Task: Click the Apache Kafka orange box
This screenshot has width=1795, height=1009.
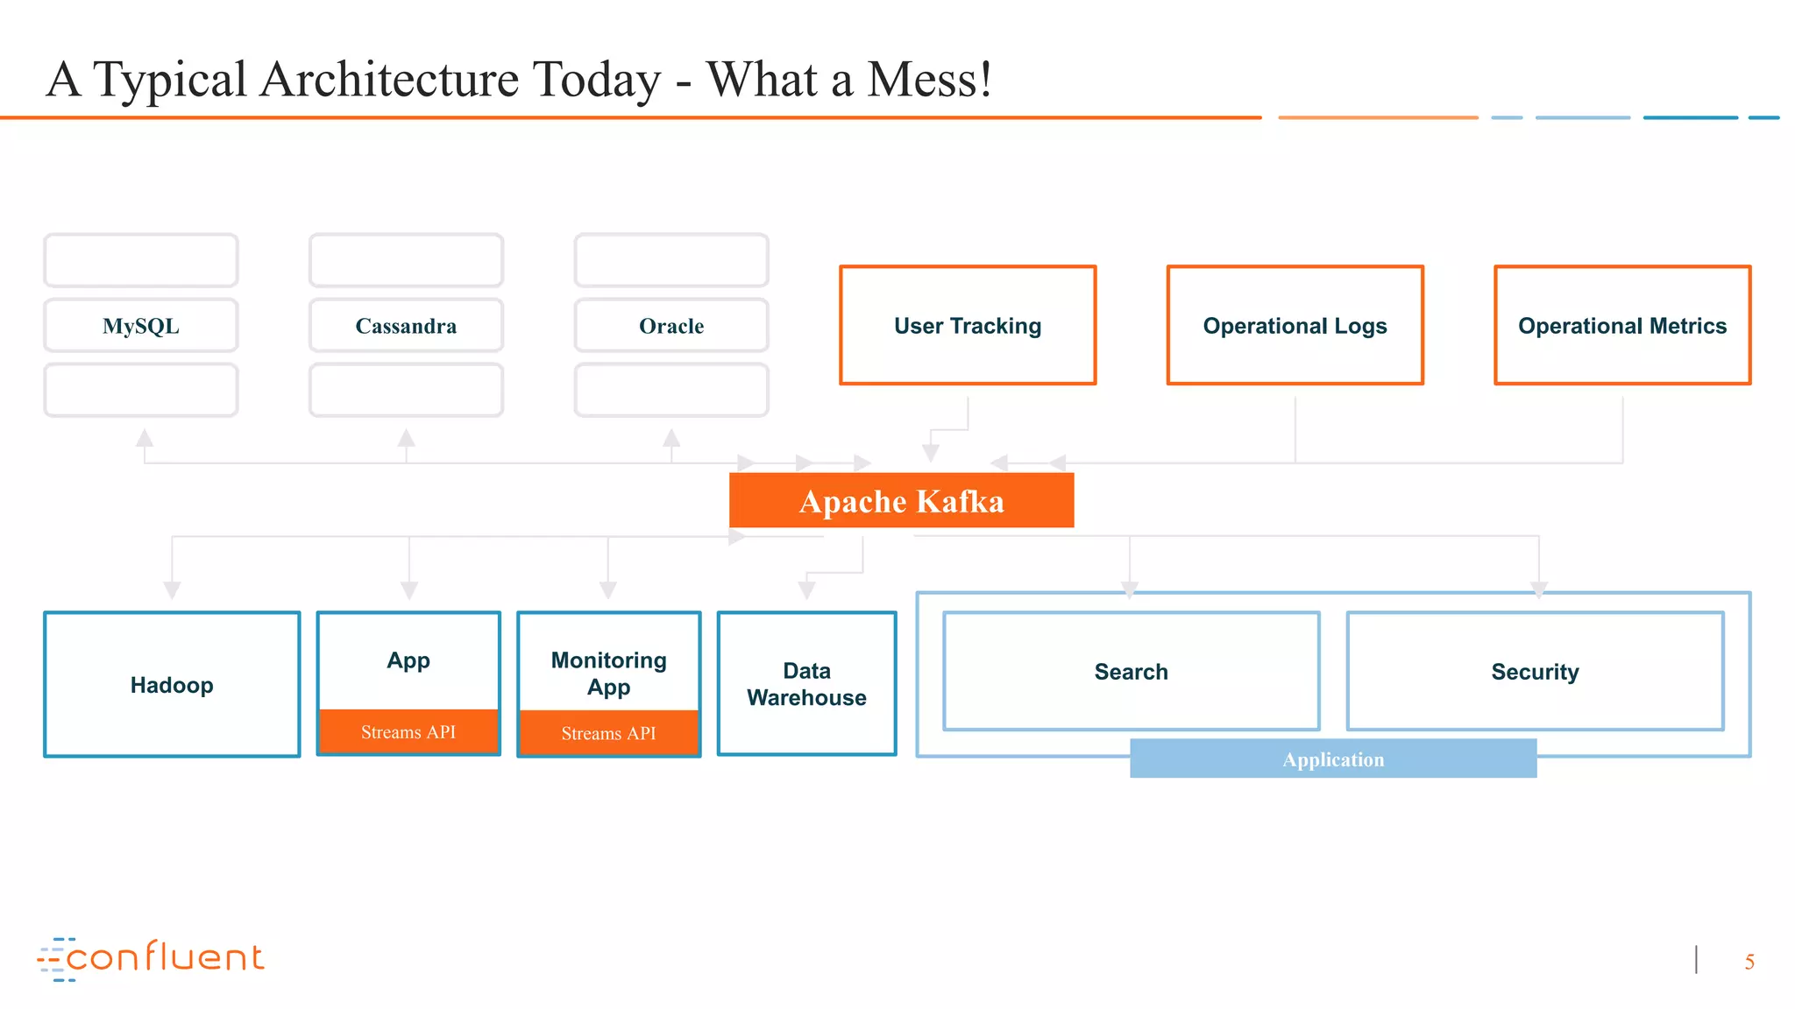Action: pos(901,501)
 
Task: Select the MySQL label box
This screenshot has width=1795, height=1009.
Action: pos(141,326)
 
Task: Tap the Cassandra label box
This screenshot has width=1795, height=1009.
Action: pos(406,326)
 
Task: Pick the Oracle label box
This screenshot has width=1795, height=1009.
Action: pos(671,326)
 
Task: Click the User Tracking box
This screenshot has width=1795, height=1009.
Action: pos(968,326)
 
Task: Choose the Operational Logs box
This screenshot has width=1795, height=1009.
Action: pos(1295,326)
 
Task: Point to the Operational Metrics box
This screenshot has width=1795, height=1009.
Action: pos(1622,326)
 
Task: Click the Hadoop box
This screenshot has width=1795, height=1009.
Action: pos(172,685)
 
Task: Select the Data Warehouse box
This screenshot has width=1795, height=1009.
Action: pos(806,684)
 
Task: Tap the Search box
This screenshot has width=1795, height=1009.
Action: pos(1131,672)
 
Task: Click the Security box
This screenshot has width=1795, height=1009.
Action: pos(1535,672)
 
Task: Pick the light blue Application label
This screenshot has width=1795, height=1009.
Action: pos(1333,759)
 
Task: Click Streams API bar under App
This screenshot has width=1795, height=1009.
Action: pos(408,732)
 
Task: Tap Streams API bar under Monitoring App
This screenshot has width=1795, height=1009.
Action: pos(608,733)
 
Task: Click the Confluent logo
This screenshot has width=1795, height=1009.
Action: pos(151,958)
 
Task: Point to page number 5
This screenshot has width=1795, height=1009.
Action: pos(1749,963)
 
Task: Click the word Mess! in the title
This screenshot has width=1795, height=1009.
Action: pos(929,80)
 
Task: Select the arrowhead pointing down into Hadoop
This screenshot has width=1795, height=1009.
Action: pos(173,589)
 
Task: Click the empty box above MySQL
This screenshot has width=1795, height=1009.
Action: pos(141,260)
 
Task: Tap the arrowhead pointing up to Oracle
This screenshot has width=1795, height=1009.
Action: pos(671,437)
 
